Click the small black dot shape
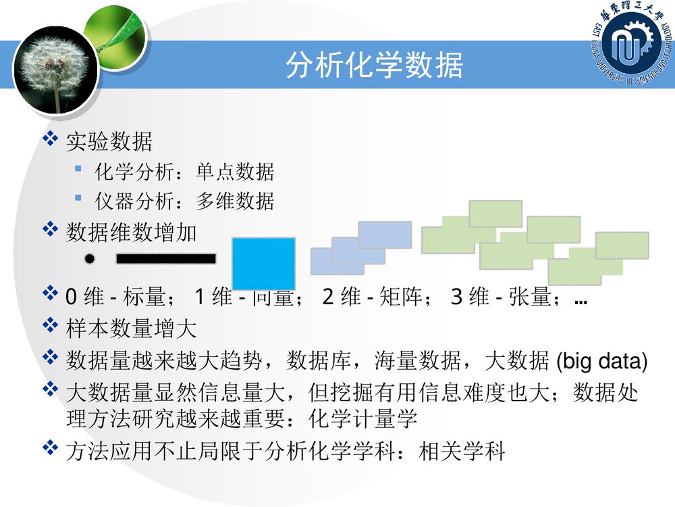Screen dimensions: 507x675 point(90,258)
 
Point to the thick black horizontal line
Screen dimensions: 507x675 point(166,258)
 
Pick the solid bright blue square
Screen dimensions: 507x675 point(264,263)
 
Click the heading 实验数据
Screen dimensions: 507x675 point(109,142)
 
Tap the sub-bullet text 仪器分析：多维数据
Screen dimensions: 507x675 point(184,201)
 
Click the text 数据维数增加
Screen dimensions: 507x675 point(131,233)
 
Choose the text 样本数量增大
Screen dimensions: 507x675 point(131,329)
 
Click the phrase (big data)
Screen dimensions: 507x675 point(601,362)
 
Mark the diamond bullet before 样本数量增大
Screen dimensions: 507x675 point(50,328)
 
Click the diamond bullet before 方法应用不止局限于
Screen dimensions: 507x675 point(50,450)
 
